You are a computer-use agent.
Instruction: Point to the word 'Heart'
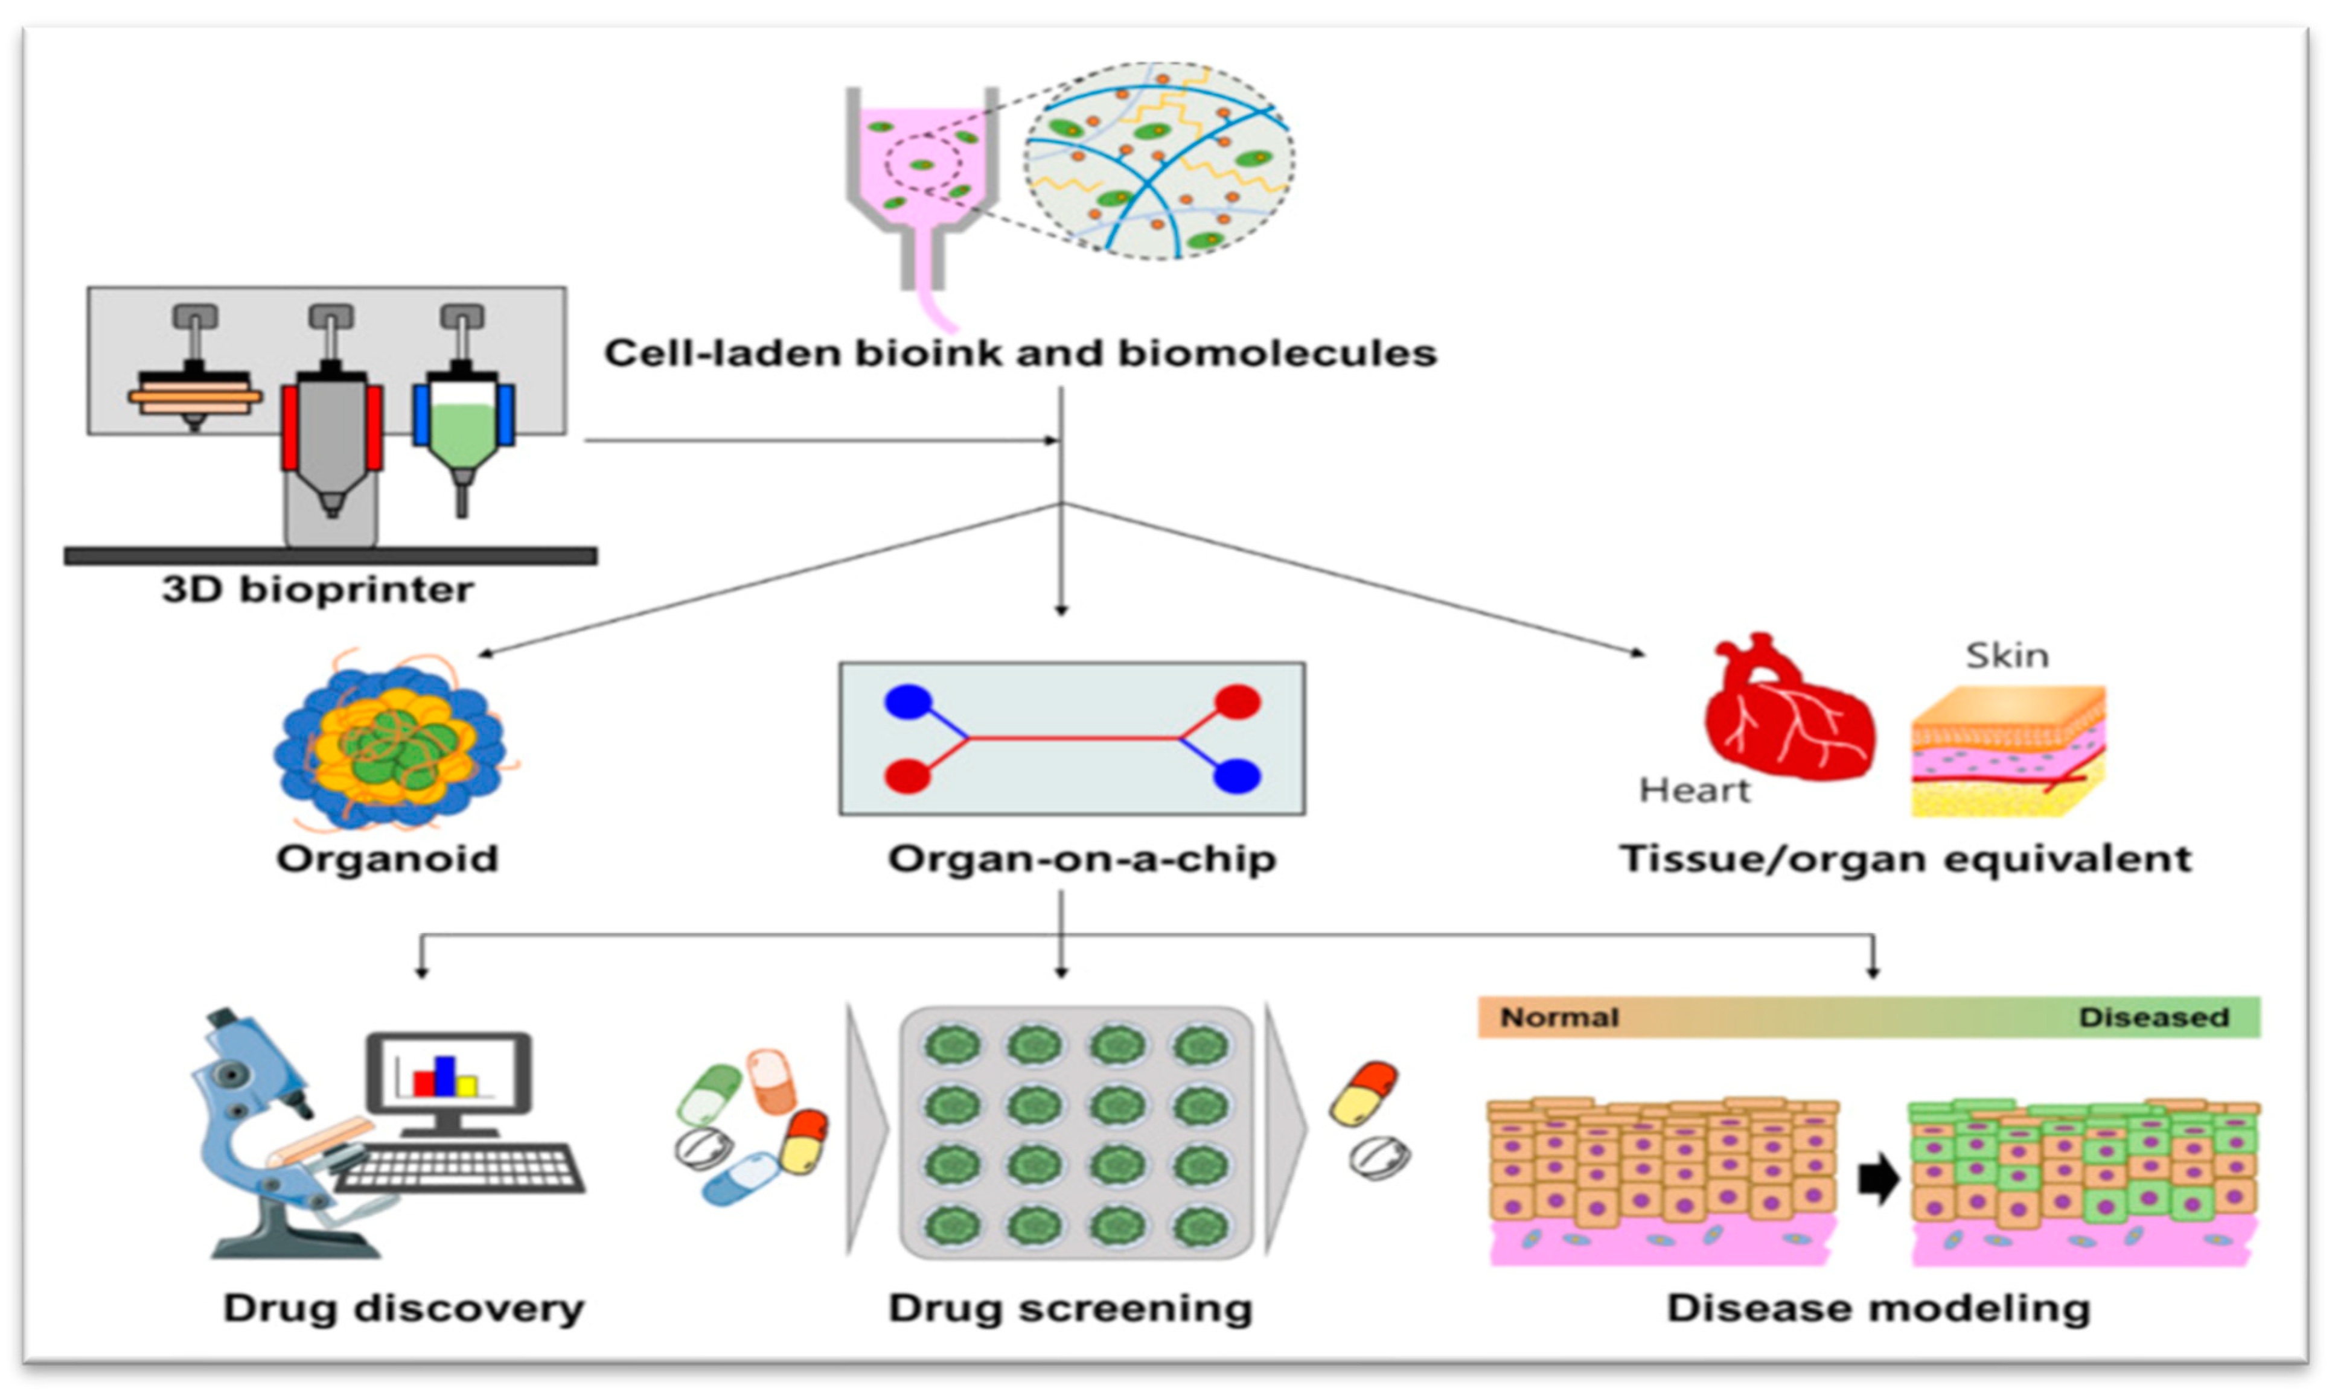(1694, 790)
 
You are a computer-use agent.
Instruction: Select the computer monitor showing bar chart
(448, 1080)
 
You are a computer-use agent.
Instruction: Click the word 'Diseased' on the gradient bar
(2153, 1017)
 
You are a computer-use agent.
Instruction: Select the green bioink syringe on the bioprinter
(462, 427)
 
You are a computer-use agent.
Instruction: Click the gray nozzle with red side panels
(331, 432)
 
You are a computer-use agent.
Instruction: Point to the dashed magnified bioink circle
(1158, 160)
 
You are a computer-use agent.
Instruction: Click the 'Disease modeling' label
(1877, 1308)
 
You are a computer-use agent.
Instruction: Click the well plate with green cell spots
(1076, 1132)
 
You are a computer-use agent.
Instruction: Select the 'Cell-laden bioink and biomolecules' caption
(1020, 353)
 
